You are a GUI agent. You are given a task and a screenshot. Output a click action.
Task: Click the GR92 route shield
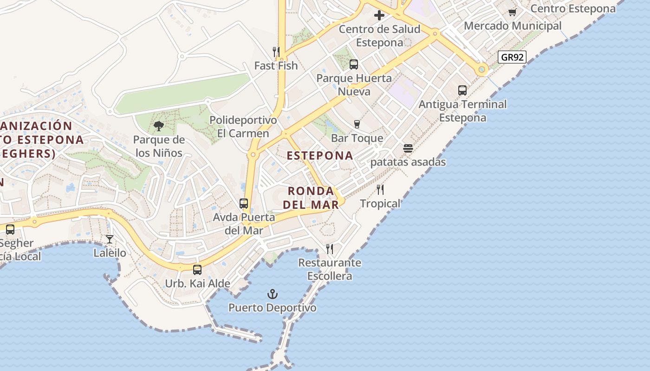tap(513, 58)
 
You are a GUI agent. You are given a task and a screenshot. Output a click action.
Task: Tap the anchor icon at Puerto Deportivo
tap(273, 294)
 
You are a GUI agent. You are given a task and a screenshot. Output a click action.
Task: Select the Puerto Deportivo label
tap(273, 307)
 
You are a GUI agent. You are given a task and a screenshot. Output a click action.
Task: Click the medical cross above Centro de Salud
tap(379, 15)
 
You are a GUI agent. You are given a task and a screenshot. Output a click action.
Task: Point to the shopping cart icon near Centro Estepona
tap(512, 12)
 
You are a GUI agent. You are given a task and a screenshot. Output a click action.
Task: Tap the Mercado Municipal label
tap(513, 26)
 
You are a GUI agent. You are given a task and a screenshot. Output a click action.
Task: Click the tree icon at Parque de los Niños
tap(159, 126)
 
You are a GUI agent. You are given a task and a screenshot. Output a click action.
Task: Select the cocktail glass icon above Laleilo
tap(110, 239)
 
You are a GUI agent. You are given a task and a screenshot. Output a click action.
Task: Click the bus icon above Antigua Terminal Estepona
tap(462, 90)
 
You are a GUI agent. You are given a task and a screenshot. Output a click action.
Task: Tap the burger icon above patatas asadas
tap(408, 148)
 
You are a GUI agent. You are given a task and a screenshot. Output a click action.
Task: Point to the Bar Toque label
tap(357, 138)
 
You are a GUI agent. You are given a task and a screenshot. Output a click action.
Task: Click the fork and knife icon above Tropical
tap(380, 190)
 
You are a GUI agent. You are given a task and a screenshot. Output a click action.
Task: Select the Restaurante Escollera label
tap(330, 269)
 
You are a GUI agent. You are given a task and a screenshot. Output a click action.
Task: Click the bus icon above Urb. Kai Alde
tap(197, 270)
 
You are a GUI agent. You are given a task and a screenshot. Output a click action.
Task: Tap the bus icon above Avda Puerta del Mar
tap(244, 204)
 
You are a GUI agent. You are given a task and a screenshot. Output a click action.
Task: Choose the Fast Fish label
tap(276, 66)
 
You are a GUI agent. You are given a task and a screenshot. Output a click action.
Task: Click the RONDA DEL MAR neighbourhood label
tap(311, 198)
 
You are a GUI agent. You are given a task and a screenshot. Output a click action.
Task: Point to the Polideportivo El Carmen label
tap(243, 127)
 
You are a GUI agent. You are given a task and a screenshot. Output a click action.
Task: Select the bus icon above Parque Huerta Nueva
tap(354, 64)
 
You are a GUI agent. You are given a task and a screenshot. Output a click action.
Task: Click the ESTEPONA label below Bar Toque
tap(320, 156)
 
